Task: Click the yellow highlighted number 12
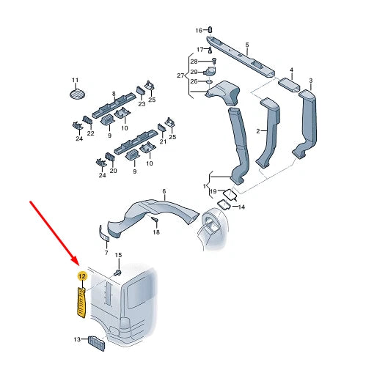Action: [82, 276]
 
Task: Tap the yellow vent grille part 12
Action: [81, 303]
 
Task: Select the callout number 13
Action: [77, 339]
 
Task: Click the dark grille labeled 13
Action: [96, 344]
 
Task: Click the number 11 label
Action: [76, 80]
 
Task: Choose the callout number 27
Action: [180, 75]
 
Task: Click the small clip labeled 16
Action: [210, 30]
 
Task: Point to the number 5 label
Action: [247, 45]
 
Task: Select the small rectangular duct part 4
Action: [289, 85]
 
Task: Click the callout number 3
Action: [311, 80]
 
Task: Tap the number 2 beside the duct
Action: [258, 131]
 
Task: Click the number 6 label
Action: [164, 191]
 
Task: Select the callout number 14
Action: [241, 207]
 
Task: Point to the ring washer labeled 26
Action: [210, 81]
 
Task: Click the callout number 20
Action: [114, 171]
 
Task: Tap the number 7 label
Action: [106, 253]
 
